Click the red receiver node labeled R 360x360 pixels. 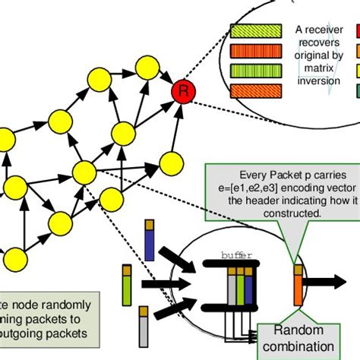[x=182, y=92]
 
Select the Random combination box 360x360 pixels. [x=298, y=339]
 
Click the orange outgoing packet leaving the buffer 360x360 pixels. [x=298, y=284]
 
